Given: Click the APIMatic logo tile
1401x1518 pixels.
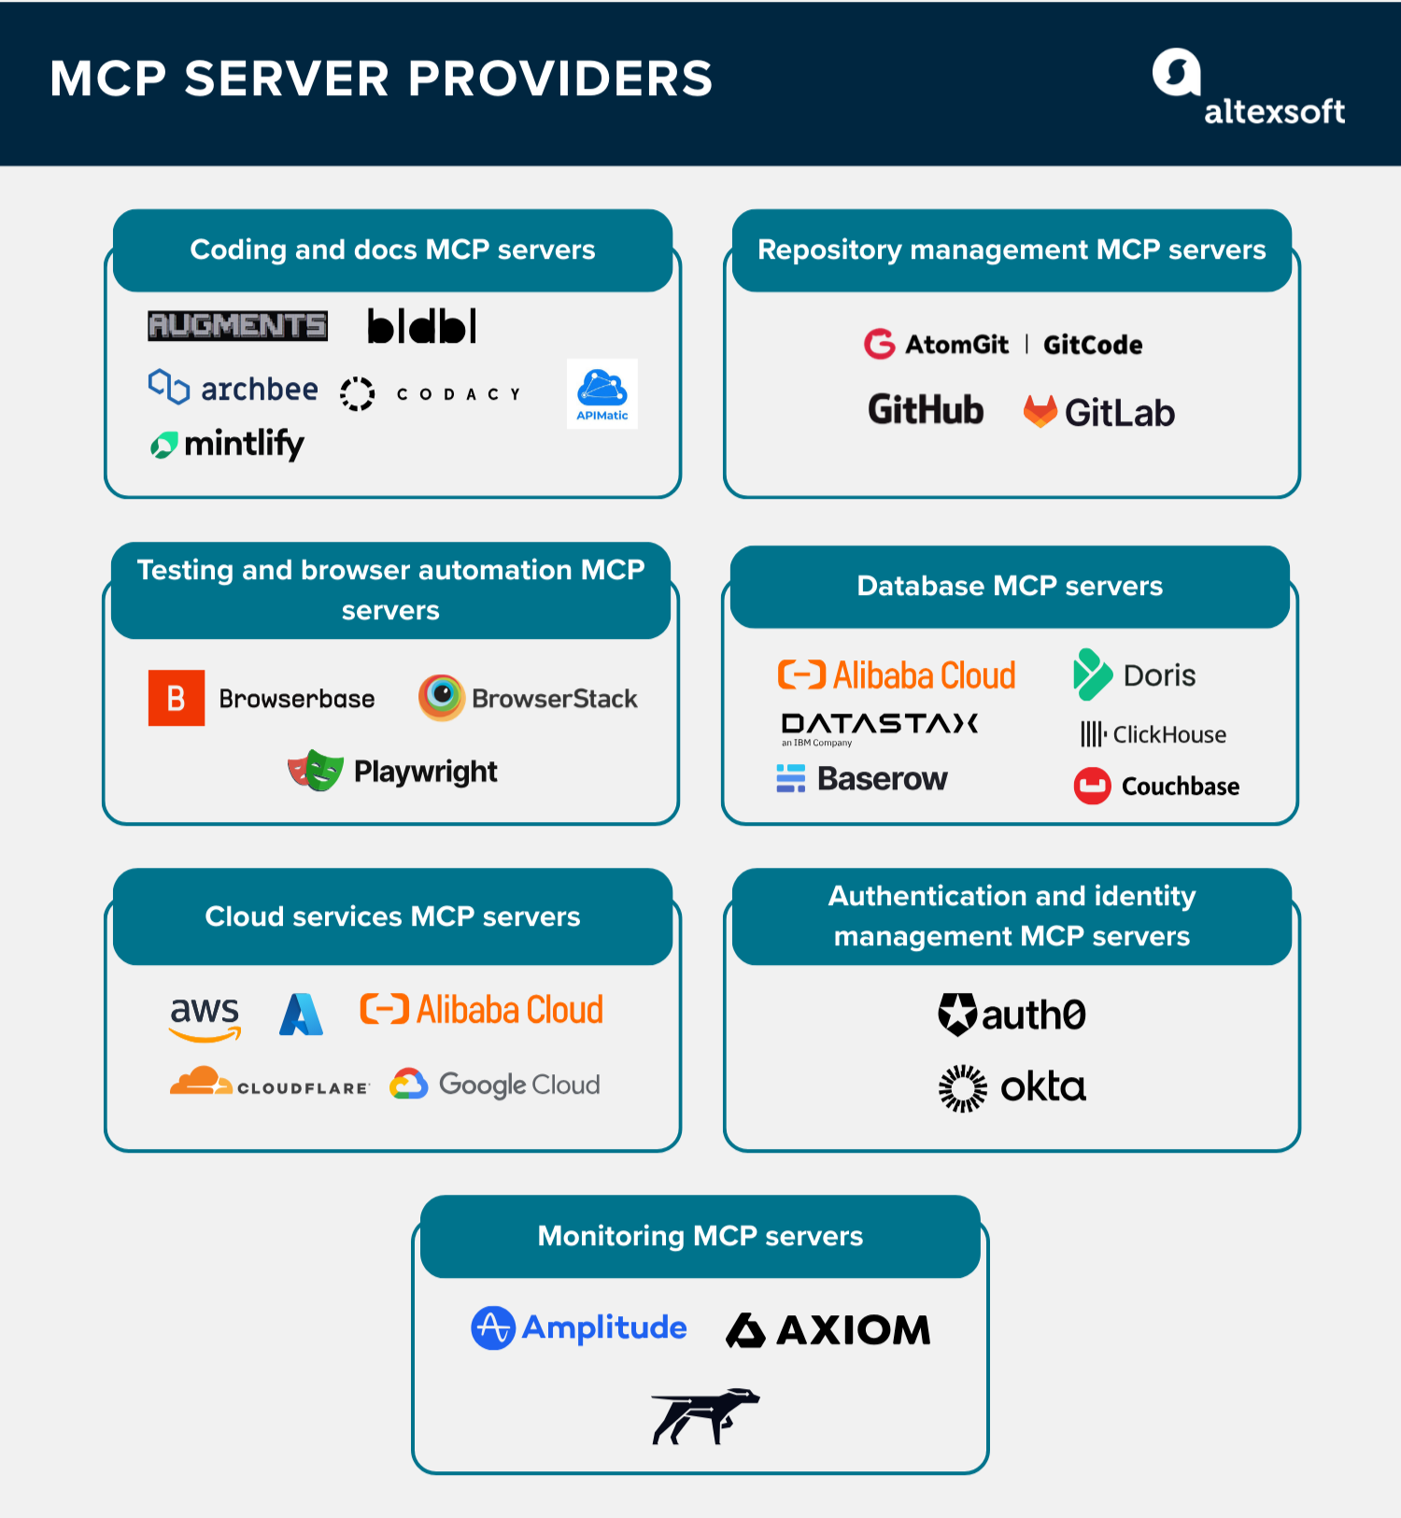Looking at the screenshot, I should [601, 393].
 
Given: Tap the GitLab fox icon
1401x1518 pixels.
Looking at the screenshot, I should [1040, 411].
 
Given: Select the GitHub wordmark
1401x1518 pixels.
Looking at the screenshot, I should [926, 409].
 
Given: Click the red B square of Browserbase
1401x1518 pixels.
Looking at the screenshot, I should [177, 698].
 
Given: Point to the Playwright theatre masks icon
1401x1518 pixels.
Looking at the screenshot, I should [316, 771].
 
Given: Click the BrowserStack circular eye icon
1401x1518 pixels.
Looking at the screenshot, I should [441, 697].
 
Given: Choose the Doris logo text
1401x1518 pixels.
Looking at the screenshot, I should [1158, 675].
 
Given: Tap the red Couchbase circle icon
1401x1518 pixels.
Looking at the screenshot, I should [1092, 786].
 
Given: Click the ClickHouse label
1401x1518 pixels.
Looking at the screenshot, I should [1168, 734].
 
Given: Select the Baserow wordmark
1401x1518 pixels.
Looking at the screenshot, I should [881, 778].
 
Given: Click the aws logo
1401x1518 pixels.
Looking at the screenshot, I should [205, 1016].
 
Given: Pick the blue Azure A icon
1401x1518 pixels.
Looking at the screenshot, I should [301, 1014].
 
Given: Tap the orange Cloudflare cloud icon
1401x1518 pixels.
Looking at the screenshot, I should [199, 1081].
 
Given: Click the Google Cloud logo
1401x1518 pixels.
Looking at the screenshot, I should [496, 1085].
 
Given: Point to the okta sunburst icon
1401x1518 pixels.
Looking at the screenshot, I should [962, 1088].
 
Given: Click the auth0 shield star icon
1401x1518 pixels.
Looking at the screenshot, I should [957, 1014].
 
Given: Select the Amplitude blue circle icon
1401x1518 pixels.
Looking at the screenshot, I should [493, 1327].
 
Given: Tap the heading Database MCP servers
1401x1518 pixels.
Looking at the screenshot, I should [1010, 586].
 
